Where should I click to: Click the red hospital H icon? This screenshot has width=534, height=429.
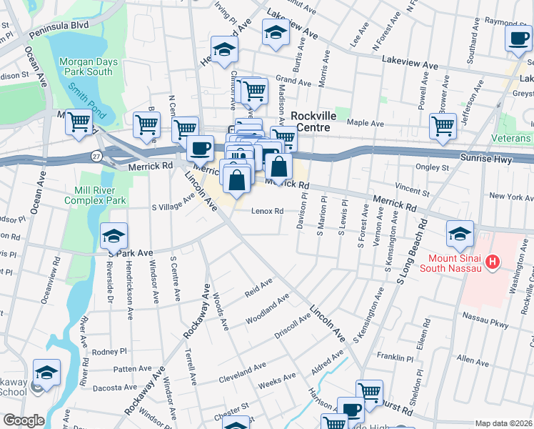point(491,263)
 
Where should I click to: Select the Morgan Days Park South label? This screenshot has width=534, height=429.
point(86,66)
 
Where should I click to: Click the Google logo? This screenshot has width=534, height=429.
point(23,420)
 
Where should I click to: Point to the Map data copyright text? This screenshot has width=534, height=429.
point(503,423)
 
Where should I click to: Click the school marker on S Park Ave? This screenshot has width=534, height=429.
point(114,235)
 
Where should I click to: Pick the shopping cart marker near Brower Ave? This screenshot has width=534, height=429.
point(443,126)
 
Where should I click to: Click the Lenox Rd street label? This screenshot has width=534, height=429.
point(268,211)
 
